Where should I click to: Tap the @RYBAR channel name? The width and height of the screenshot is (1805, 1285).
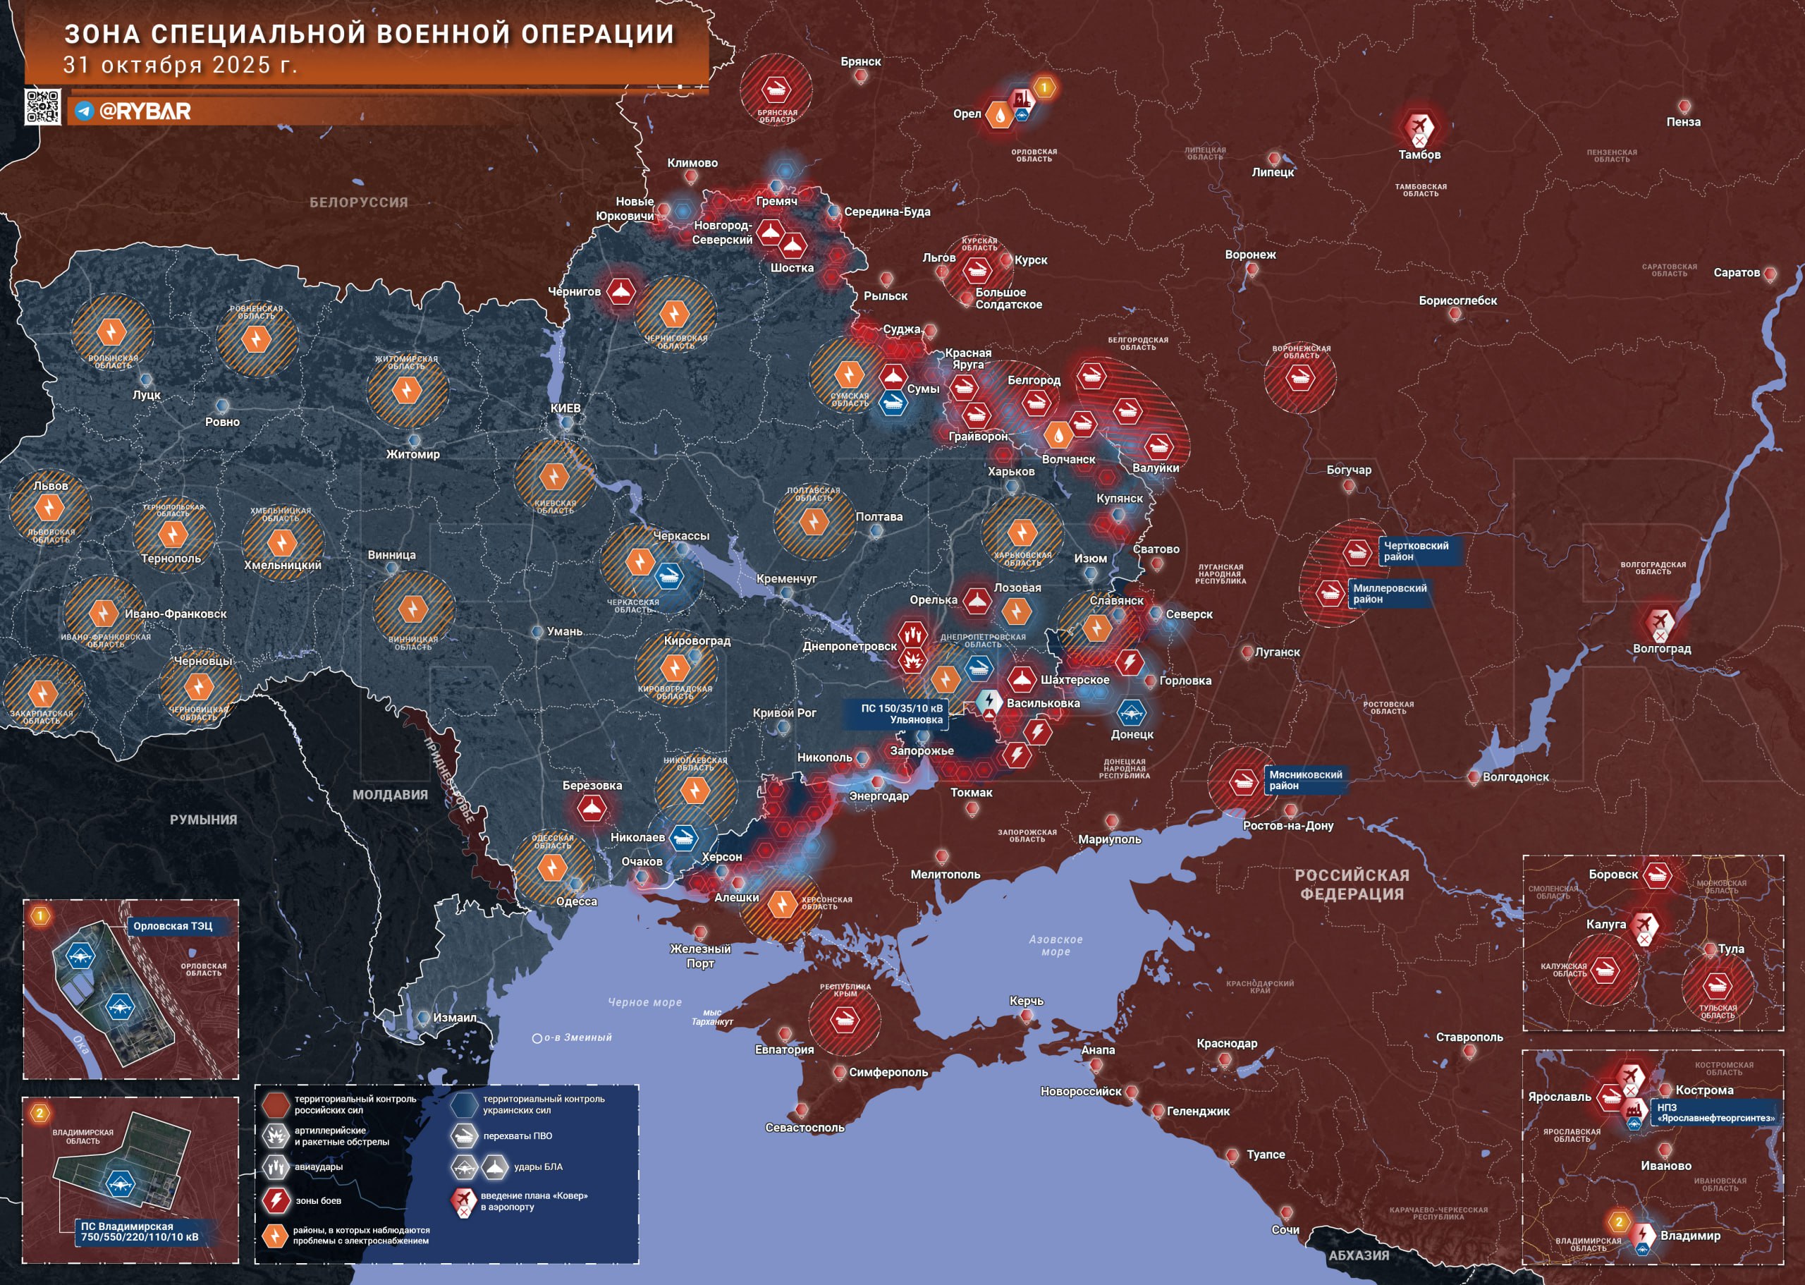[x=144, y=111]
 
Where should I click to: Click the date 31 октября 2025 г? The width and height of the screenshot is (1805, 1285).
[x=180, y=65]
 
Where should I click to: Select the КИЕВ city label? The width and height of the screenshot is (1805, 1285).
[x=565, y=408]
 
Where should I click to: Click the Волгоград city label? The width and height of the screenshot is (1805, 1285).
[x=1661, y=649]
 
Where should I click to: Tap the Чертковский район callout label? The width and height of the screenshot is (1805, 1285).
[x=1416, y=551]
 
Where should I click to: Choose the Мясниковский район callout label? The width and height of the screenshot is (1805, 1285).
[x=1305, y=780]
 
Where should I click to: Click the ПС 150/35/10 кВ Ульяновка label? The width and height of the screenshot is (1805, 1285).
[x=902, y=714]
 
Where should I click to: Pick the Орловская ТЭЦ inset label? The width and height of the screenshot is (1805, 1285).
[x=173, y=926]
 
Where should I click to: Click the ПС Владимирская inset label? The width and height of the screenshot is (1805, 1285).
[x=139, y=1231]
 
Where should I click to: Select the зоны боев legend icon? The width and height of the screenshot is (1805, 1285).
[x=277, y=1200]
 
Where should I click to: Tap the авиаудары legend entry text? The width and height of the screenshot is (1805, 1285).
[x=318, y=1167]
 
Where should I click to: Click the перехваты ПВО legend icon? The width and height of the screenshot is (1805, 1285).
[x=465, y=1136]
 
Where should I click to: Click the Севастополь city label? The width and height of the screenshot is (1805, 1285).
[x=804, y=1128]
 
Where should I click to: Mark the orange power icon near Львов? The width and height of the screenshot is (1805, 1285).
[x=49, y=508]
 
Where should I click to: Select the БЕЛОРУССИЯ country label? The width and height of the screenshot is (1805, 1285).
[x=358, y=202]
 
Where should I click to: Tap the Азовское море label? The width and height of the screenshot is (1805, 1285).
[x=1056, y=946]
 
